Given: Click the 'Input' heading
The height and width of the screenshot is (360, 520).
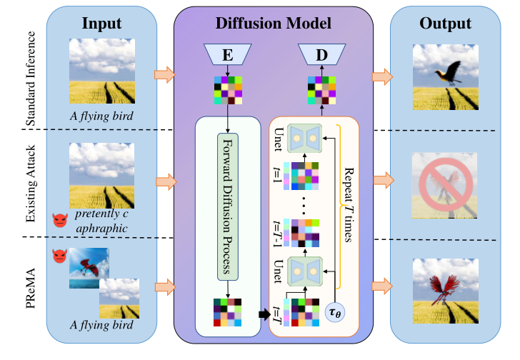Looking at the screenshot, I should tap(102, 24).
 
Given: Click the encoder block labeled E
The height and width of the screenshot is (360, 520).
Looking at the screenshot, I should tap(227, 54).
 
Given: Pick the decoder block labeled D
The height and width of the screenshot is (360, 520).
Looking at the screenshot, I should tap(321, 54).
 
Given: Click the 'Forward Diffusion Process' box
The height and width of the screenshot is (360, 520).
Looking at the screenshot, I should tap(227, 207).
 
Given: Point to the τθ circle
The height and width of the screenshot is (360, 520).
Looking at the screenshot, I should tap(335, 311).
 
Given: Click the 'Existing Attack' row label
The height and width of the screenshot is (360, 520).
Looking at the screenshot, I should tap(30, 182).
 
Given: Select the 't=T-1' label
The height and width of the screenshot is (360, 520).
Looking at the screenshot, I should tap(276, 232).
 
